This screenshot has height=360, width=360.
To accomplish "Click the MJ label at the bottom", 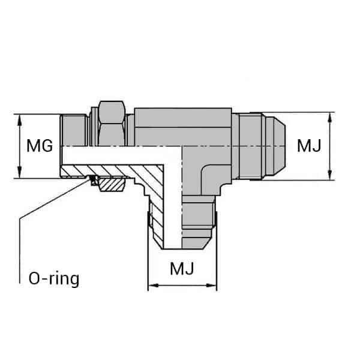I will pyautogui.click(x=182, y=268).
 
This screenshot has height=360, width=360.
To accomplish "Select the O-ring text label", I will pyautogui.click(x=54, y=279).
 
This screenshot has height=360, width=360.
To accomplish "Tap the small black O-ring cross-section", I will pyautogui.click(x=94, y=179).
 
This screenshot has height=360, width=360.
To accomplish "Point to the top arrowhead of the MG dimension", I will pyautogui.click(x=21, y=118).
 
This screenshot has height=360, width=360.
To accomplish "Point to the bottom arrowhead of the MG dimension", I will pyautogui.click(x=21, y=175).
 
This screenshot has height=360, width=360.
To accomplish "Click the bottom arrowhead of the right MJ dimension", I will pyautogui.click(x=329, y=176).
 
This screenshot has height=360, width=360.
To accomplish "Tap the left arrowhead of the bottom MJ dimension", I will pyautogui.click(x=152, y=286).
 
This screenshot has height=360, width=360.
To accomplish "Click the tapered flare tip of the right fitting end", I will pyautogui.click(x=275, y=146).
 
